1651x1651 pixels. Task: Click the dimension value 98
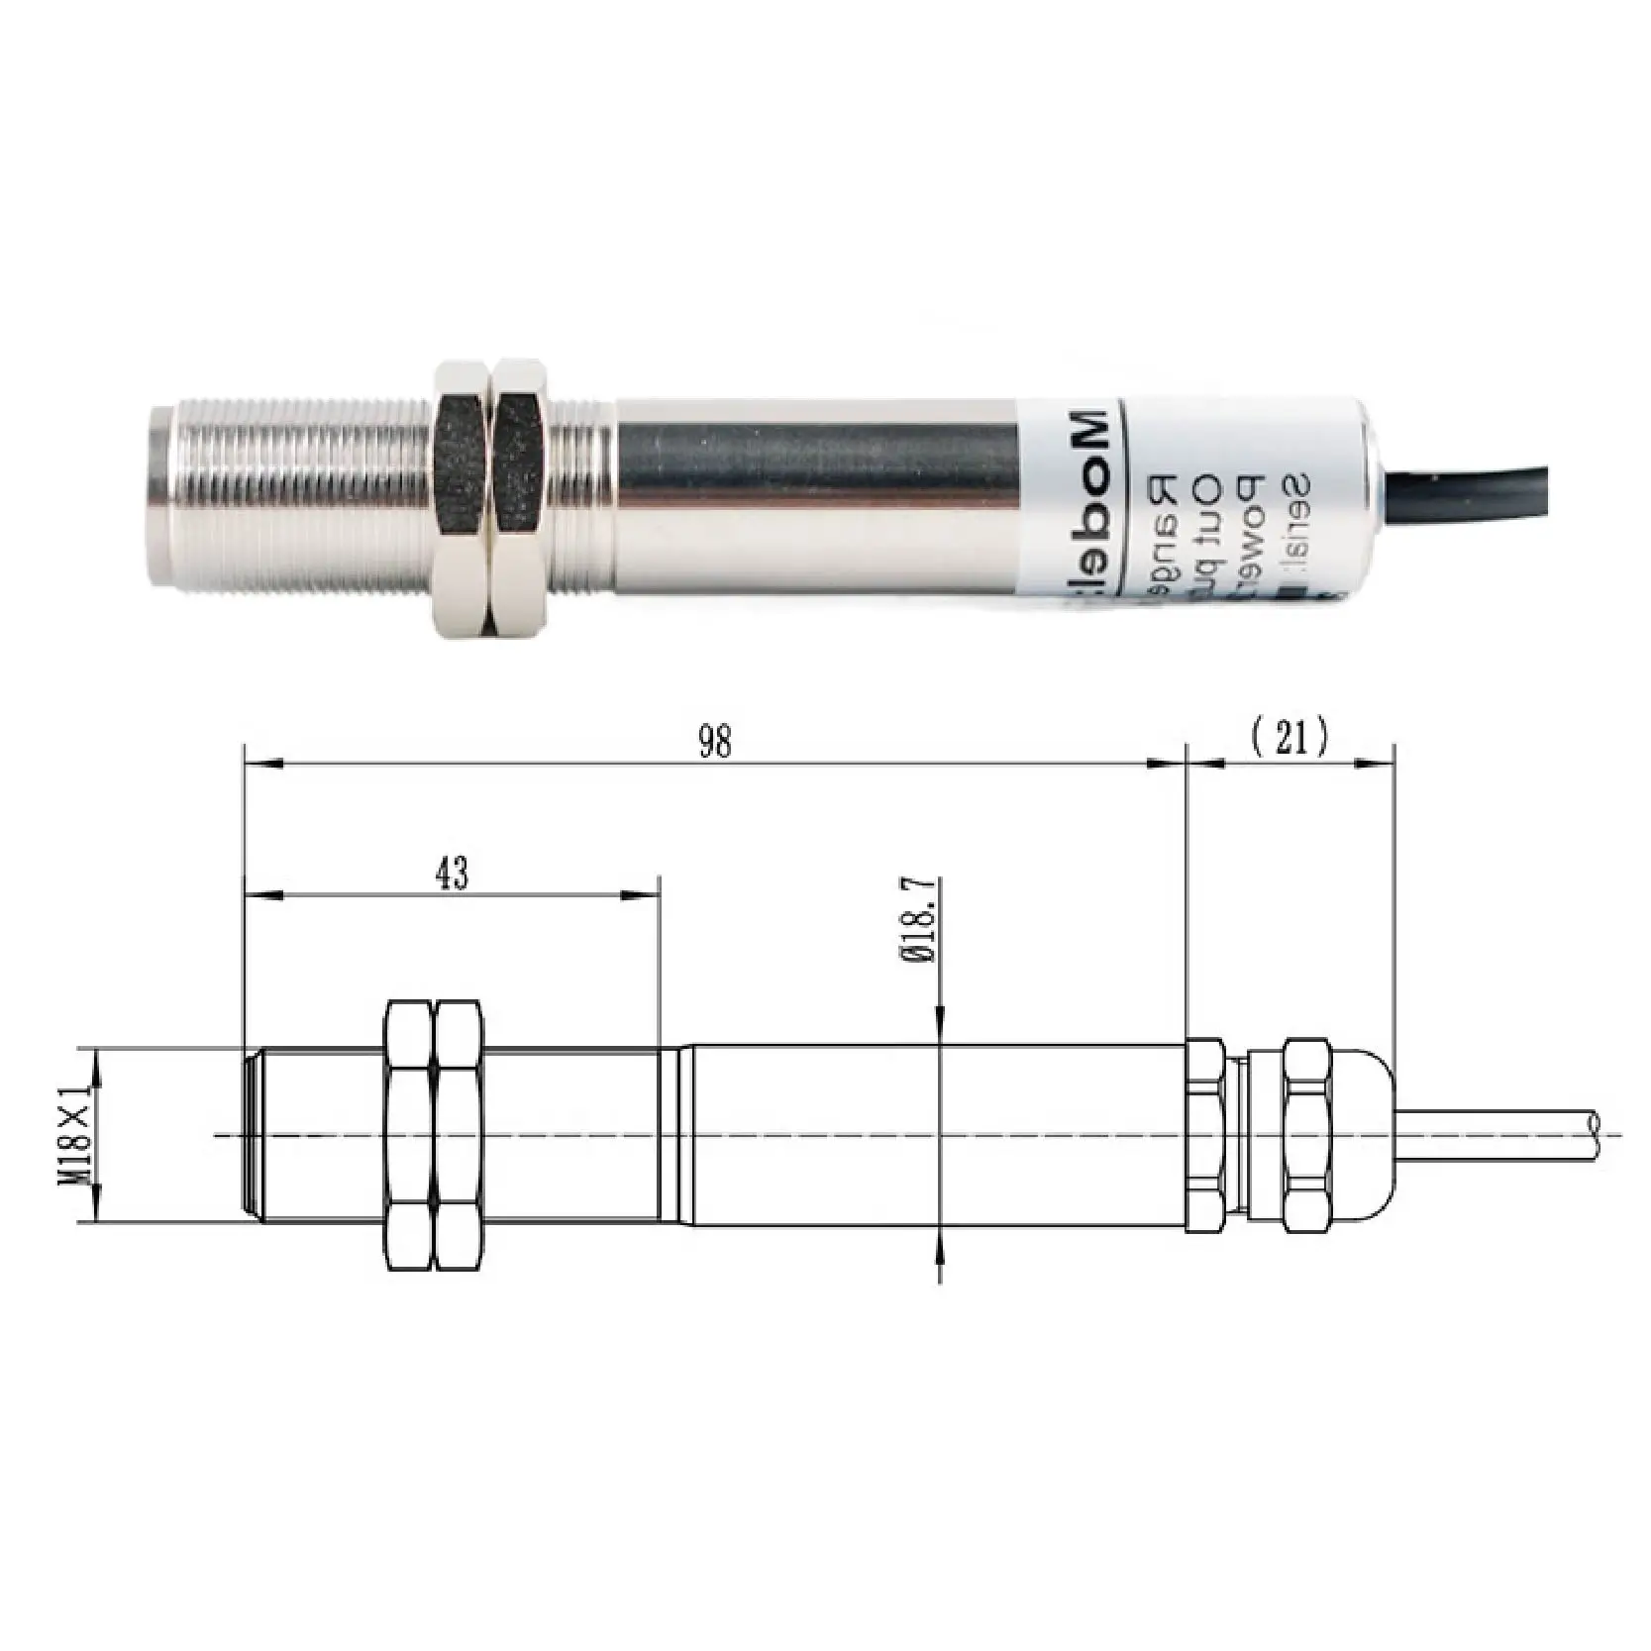pos(714,742)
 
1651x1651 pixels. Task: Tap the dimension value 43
pos(452,874)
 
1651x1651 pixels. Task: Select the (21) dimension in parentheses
pos(1290,738)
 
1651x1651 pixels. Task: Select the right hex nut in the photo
pos(522,497)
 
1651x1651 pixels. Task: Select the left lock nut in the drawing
pos(408,1135)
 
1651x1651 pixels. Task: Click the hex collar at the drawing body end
pos(1205,1135)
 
